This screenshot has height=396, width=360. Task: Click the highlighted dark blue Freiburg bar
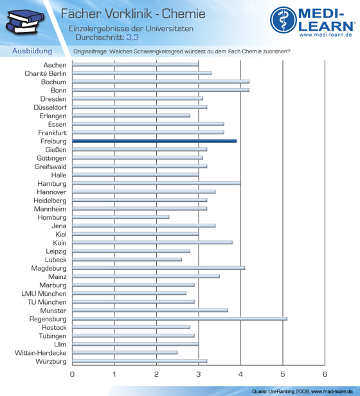click(x=154, y=141)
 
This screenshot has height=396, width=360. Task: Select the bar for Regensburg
click(x=179, y=319)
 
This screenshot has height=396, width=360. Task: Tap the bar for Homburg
click(x=121, y=217)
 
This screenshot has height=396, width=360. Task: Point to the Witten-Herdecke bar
click(x=125, y=352)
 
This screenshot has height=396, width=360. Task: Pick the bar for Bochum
click(x=161, y=82)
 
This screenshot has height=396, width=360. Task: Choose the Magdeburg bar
click(x=159, y=268)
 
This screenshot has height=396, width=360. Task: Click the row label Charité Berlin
click(x=46, y=73)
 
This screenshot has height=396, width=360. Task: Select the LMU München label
click(x=44, y=294)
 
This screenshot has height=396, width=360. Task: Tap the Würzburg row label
click(x=51, y=361)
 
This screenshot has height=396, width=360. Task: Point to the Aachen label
click(x=55, y=65)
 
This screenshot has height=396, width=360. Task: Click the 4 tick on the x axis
click(x=240, y=374)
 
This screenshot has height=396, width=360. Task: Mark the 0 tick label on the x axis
click(x=72, y=374)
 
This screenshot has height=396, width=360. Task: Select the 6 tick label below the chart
click(x=325, y=374)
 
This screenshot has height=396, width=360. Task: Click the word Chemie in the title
click(x=183, y=14)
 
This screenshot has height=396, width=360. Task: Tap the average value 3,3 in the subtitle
click(x=132, y=37)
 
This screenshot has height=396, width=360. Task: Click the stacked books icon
click(x=24, y=21)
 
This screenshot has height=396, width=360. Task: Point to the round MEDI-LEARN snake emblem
click(x=283, y=20)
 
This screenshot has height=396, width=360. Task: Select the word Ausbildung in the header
click(x=32, y=51)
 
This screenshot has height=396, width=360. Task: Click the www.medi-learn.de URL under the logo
click(x=326, y=35)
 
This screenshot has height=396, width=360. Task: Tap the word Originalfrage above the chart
click(x=90, y=51)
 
